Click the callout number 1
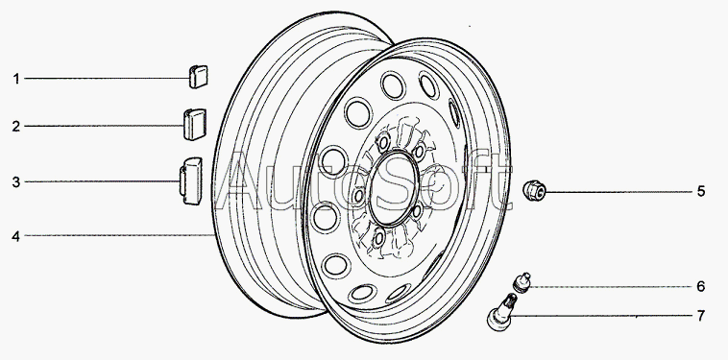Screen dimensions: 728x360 coord(16,79)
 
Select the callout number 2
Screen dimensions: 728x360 coord(16,126)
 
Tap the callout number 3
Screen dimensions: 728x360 coord(16,182)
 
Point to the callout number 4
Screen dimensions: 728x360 coord(16,236)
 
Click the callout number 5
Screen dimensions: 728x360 coord(701,191)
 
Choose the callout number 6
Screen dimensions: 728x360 coord(701,286)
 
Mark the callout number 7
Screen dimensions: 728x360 coord(701,316)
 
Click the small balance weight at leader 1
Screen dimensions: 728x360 coord(198,77)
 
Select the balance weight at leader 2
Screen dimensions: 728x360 coord(195,125)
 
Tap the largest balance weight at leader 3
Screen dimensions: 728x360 coord(191,180)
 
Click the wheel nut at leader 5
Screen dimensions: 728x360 coord(534,191)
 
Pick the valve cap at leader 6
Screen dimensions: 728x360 coord(522,282)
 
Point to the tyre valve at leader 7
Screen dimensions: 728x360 coord(500,313)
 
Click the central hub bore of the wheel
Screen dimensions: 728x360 coord(394,189)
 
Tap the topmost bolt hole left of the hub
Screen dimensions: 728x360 coord(383,142)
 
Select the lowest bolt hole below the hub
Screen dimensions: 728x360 coord(379,238)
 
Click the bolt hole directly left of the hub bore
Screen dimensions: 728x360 coord(358,196)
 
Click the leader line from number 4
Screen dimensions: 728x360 coord(120,235)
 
